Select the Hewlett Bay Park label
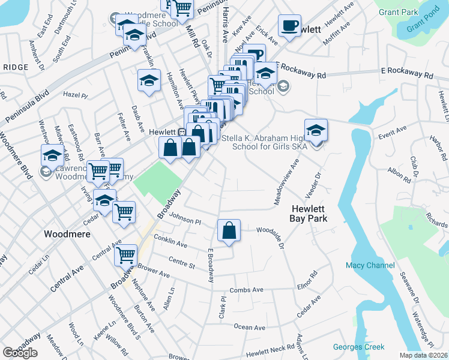pos(310,214)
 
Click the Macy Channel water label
pos(370,265)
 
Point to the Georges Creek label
pos(358,347)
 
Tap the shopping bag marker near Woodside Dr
pos(229,231)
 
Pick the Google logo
pos(20,353)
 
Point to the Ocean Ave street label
pos(250,327)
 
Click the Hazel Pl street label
pos(76,95)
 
